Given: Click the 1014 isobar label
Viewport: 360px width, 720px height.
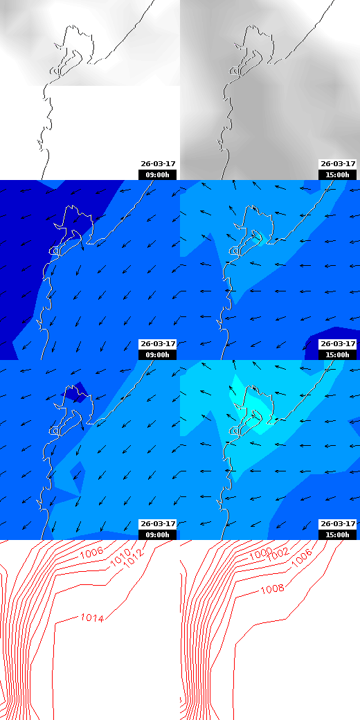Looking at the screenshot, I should click(92, 618).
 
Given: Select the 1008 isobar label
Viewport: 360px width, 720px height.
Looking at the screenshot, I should click(272, 590).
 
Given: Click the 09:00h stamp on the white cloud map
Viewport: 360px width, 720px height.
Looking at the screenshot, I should click(158, 174).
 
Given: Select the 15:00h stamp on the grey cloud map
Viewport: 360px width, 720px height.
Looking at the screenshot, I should click(338, 174).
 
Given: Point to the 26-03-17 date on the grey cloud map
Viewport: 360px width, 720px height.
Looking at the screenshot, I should click(338, 164).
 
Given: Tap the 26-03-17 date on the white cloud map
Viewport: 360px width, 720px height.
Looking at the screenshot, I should click(158, 164).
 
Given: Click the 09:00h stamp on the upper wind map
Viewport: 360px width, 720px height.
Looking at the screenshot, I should click(158, 354).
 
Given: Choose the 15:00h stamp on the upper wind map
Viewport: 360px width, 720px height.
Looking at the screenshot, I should click(338, 354).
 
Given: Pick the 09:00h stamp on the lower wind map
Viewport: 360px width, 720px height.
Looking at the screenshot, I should click(158, 534).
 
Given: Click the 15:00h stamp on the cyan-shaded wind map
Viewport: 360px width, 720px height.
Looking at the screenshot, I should click(338, 534).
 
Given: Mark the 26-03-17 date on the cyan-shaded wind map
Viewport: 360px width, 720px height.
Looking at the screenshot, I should click(338, 524).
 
